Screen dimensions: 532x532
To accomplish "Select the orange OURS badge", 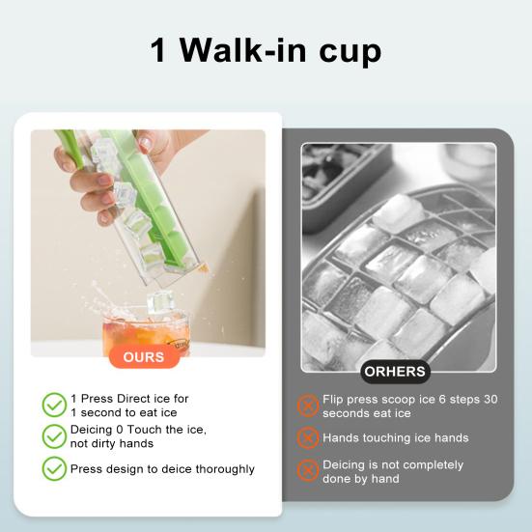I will (144, 356).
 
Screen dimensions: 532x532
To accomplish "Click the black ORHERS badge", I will (395, 371).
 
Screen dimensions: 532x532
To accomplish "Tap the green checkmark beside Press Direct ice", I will (54, 404).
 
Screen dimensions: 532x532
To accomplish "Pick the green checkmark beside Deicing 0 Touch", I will (54, 435).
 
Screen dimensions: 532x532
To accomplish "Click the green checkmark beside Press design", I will (54, 468).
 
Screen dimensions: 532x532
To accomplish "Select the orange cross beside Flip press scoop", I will (307, 406).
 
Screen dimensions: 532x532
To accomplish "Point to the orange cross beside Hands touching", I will (307, 437).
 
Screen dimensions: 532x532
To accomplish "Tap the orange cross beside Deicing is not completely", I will (307, 470).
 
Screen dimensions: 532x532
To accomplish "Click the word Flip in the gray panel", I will (334, 399).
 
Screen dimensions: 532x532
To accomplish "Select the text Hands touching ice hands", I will (396, 438).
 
